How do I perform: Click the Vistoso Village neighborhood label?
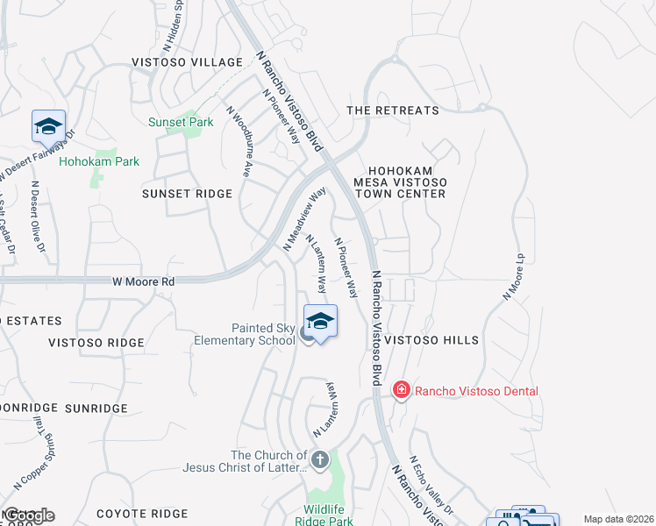tap(186, 62)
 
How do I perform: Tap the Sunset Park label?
tap(181, 123)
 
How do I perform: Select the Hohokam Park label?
tap(99, 162)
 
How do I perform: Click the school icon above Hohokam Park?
tap(48, 127)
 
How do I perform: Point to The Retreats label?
tap(392, 110)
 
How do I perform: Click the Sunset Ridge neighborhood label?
tap(186, 194)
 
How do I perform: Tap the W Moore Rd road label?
tap(144, 282)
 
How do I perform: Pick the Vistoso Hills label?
tap(431, 340)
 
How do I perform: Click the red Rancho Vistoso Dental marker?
tap(402, 388)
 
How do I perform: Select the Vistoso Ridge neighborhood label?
tap(96, 343)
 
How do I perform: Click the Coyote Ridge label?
tap(141, 514)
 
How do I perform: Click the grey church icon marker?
tap(320, 458)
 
